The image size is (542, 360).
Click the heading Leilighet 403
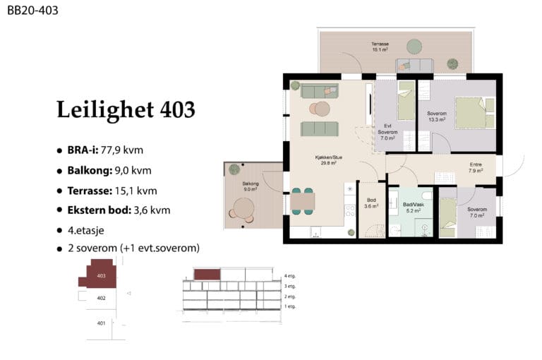click(126, 109)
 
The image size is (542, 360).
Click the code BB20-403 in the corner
click(33, 11)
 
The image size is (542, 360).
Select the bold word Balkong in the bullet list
click(90, 171)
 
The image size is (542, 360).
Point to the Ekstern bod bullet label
click(100, 210)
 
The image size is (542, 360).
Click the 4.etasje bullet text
click(85, 230)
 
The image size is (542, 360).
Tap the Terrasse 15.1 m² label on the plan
click(380, 47)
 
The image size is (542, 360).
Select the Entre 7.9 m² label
click(476, 168)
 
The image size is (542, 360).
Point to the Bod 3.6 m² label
click(371, 203)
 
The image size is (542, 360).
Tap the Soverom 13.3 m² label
click(437, 116)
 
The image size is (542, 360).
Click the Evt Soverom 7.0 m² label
click(387, 132)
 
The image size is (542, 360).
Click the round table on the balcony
click(243, 208)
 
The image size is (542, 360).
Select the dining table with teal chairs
click(303, 201)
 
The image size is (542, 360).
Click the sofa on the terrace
click(414, 66)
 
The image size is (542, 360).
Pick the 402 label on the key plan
click(102, 298)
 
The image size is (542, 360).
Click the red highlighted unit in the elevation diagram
click(207, 275)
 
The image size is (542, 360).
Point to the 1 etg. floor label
click(290, 306)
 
